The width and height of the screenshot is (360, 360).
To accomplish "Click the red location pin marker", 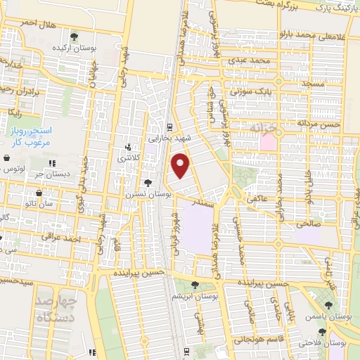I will coord(181,166).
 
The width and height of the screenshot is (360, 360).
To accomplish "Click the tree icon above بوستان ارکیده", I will coord(75,35).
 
